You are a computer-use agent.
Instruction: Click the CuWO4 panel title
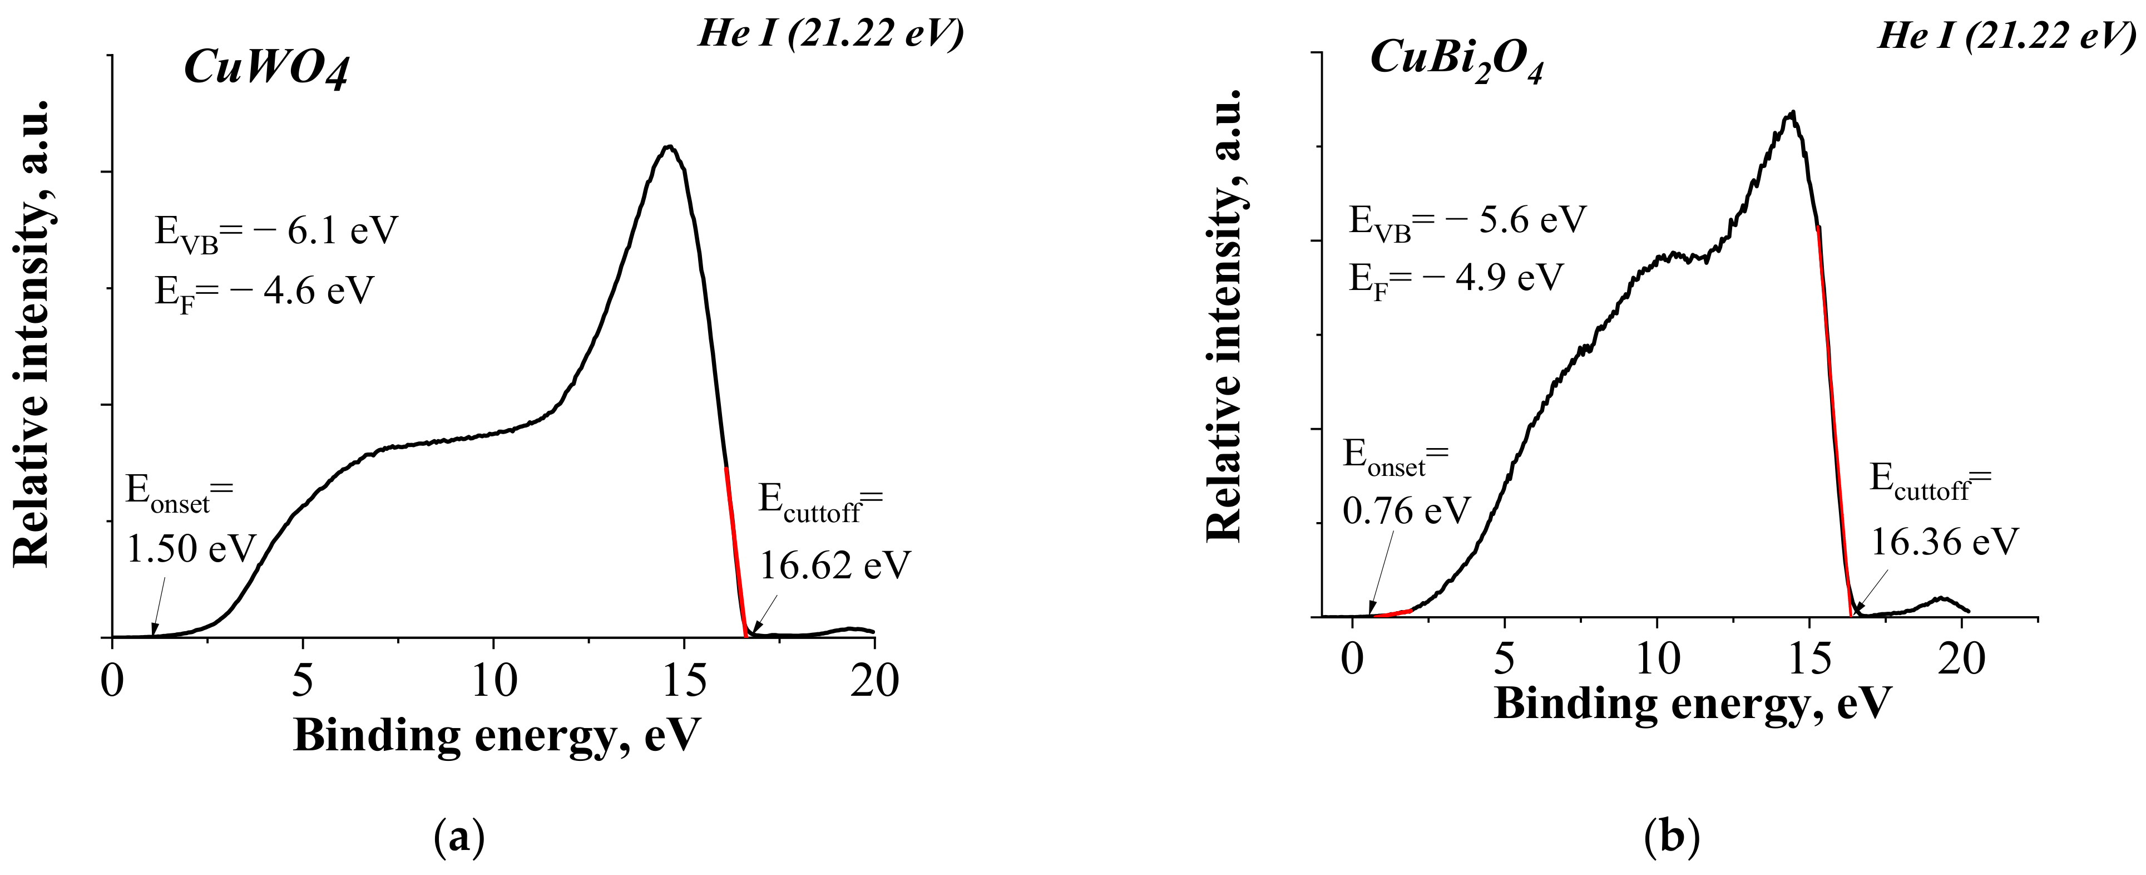coord(266,67)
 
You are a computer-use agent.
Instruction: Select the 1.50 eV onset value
coord(190,548)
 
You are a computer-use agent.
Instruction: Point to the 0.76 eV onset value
coord(1406,510)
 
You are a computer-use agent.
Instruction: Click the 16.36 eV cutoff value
coord(1945,542)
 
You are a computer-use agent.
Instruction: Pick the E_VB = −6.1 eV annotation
coord(276,231)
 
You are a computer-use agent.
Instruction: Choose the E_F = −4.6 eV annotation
coord(264,292)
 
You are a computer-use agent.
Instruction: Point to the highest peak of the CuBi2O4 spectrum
coord(1791,114)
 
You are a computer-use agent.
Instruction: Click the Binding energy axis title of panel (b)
coord(1692,704)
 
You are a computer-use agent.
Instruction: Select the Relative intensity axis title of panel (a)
coord(32,333)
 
